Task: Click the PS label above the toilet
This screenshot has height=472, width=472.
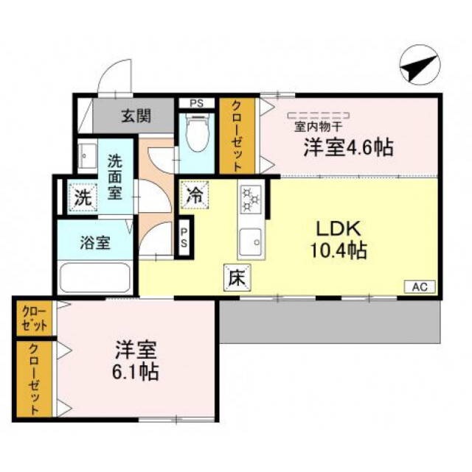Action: [x=196, y=102]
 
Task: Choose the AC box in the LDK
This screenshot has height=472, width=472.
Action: [x=419, y=287]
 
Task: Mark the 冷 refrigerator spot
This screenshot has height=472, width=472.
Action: [x=194, y=197]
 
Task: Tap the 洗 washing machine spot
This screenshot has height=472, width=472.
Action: [x=83, y=197]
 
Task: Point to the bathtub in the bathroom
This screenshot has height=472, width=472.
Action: [x=95, y=278]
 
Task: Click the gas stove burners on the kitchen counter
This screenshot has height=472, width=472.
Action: [x=251, y=198]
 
